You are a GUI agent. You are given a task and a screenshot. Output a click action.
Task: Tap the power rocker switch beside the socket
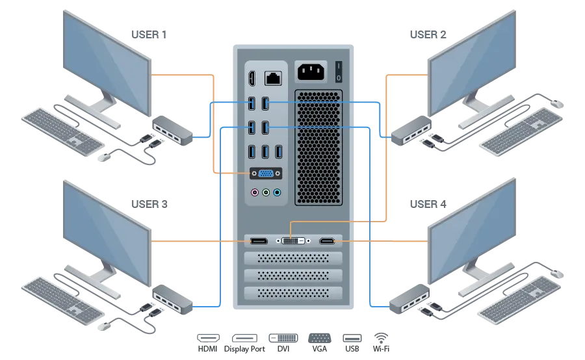click(338, 71)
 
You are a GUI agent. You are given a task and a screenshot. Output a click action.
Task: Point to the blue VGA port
click(266, 174)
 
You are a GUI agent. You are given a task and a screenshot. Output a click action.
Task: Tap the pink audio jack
click(255, 193)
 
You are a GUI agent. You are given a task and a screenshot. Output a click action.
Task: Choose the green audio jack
click(266, 193)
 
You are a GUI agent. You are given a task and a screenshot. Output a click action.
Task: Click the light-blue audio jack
click(277, 193)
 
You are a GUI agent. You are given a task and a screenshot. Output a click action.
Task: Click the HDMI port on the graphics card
click(327, 242)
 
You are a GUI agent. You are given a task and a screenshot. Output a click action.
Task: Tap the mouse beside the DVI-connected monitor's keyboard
click(556, 102)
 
